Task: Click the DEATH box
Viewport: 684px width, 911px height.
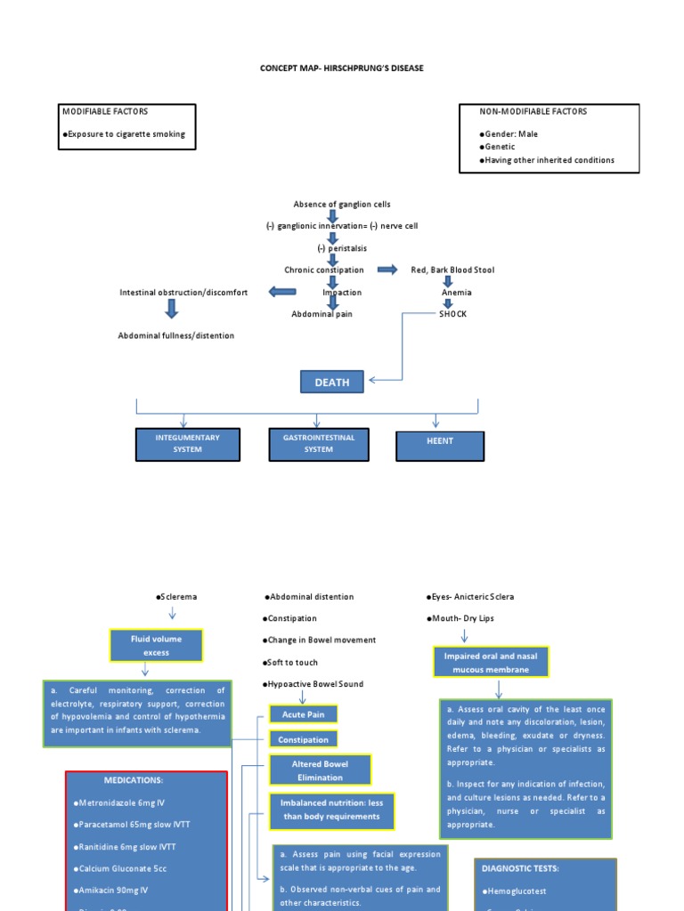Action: click(x=331, y=382)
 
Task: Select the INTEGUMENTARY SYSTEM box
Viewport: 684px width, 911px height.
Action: click(x=187, y=444)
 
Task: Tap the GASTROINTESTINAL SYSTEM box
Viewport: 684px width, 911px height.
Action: click(x=319, y=444)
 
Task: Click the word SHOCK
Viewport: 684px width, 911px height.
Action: click(x=452, y=314)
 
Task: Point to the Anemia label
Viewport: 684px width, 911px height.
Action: click(x=456, y=292)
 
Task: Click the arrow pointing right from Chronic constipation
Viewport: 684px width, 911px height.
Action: click(x=387, y=270)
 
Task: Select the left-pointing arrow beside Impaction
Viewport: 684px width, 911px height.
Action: click(x=281, y=292)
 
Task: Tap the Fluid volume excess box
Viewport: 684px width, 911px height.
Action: click(x=156, y=646)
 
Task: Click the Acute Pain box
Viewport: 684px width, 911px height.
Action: click(x=304, y=714)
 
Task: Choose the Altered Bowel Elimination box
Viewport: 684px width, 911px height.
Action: click(x=320, y=770)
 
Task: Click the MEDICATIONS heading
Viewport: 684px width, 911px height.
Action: click(x=134, y=780)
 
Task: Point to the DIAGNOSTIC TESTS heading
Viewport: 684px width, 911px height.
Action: click(x=519, y=867)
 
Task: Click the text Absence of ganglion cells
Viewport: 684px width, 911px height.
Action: click(x=342, y=204)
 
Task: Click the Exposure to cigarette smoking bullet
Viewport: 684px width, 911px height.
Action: click(x=124, y=134)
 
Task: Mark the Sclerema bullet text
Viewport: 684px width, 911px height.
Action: click(x=176, y=597)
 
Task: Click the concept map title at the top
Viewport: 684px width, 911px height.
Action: click(x=342, y=68)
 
